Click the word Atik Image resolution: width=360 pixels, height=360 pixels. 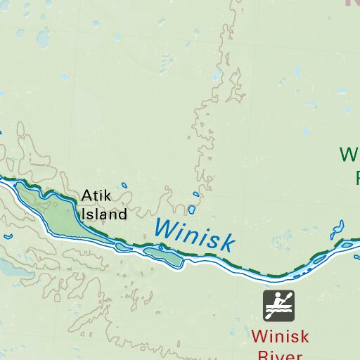[x=96, y=196]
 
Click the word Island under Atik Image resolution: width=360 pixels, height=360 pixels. [x=104, y=214]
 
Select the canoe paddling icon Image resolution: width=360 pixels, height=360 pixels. [x=278, y=306]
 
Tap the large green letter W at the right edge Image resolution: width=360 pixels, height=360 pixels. [x=349, y=154]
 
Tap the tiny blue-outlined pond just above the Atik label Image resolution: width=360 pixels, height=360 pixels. [x=124, y=186]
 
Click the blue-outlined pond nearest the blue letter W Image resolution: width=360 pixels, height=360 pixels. [x=191, y=210]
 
